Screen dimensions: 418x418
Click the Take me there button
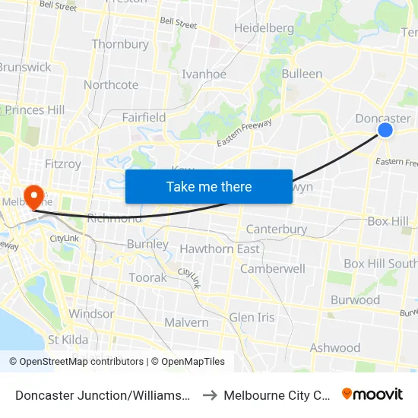click(x=209, y=186)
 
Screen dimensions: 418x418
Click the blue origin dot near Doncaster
click(x=385, y=130)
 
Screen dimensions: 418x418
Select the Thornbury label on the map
click(x=120, y=44)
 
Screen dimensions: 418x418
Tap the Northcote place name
click(x=111, y=84)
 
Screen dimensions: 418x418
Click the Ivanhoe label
click(x=204, y=74)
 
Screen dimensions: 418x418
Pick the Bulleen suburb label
click(x=302, y=74)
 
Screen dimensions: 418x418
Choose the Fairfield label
click(x=144, y=117)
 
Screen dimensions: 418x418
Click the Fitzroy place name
click(x=63, y=163)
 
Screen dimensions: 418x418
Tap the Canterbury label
click(x=277, y=229)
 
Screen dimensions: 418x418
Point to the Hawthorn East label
click(x=219, y=249)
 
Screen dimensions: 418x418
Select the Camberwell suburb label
click(x=273, y=268)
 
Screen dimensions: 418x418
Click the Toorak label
click(x=147, y=277)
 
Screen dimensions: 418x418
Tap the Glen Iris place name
click(x=252, y=317)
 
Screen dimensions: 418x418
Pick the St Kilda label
click(x=68, y=340)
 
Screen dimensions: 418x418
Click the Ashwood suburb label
click(x=335, y=347)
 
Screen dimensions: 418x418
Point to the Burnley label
click(x=147, y=244)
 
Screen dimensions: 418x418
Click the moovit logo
click(x=372, y=394)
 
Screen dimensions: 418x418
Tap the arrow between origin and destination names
click(x=211, y=394)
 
